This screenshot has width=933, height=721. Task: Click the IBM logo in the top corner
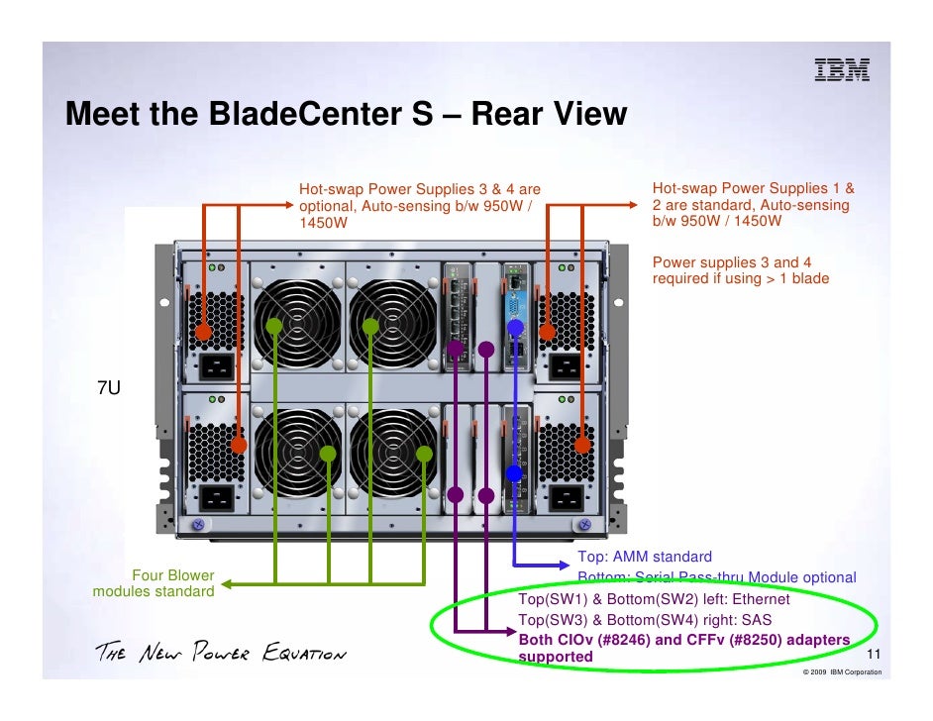coord(841,69)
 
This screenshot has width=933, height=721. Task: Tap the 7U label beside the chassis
coord(108,388)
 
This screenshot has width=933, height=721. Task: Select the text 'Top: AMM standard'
coord(645,558)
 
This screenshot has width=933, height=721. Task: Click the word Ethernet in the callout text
coord(761,599)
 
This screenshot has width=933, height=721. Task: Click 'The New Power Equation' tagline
coord(220,654)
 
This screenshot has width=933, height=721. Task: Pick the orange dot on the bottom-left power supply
coord(239,446)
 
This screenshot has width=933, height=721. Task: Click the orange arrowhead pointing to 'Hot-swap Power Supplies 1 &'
coord(635,206)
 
